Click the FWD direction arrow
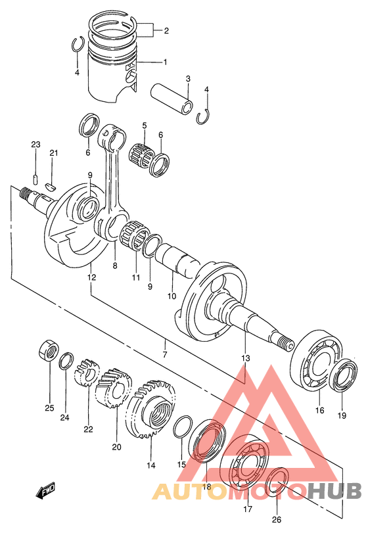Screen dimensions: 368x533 45,492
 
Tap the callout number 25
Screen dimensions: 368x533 49,407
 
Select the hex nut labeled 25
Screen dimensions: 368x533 48,349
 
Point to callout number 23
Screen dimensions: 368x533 35,145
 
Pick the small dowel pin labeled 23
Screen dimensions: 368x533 35,179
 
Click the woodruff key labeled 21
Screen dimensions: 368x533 52,185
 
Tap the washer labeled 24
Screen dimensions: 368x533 66,361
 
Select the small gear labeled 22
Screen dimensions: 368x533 87,373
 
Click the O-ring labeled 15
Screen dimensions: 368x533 183,427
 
